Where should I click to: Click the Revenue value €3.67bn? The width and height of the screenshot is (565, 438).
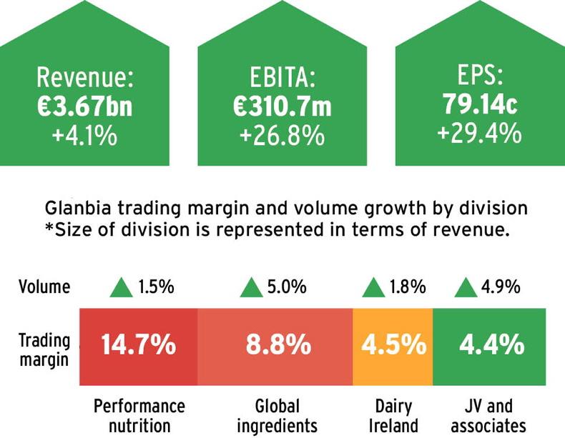tap(84, 106)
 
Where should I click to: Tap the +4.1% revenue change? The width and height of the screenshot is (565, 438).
tap(84, 135)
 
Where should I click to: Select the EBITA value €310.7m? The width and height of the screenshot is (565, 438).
tap(282, 106)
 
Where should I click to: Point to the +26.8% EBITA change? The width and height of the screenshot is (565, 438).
tap(282, 135)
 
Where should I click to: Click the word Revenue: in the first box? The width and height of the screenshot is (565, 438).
tap(84, 76)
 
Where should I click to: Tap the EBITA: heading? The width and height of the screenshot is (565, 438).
tap(282, 76)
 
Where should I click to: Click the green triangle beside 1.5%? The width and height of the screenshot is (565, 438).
tap(121, 288)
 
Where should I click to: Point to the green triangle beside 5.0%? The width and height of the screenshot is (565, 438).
tap(250, 288)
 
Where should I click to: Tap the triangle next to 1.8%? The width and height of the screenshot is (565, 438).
tap(373, 288)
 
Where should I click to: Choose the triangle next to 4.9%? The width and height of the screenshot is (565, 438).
tap(466, 288)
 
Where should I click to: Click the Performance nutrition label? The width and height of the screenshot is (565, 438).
tap(139, 416)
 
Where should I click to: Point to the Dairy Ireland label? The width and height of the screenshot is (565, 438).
tap(393, 416)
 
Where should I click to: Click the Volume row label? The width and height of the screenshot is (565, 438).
tap(44, 287)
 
